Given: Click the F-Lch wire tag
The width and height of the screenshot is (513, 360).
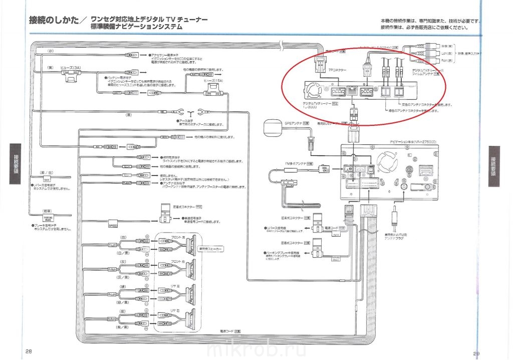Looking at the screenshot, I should [112, 245].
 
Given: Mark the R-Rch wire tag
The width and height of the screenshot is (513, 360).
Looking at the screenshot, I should [112, 318].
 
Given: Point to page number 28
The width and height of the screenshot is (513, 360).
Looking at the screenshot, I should [29, 351].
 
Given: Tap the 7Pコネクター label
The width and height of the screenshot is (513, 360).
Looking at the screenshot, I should [337, 71].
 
